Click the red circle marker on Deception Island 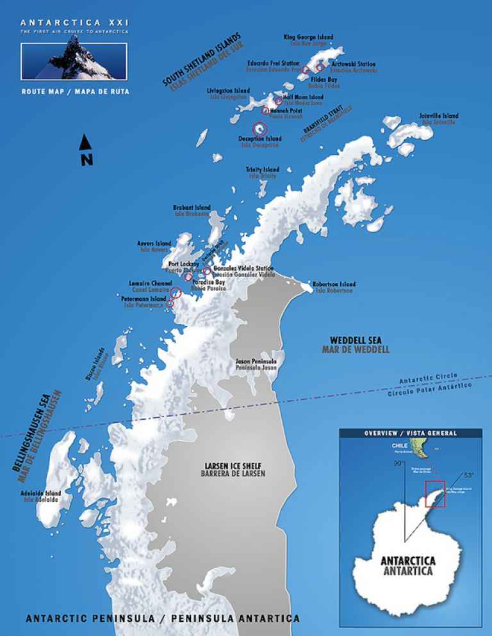coord(259,128)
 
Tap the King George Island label coord(308,40)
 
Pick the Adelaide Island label coord(41,496)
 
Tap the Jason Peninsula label coord(256,365)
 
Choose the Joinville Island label coord(439,118)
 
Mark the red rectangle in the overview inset coord(436,493)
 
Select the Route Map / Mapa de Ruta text coord(75,91)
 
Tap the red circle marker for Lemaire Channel coord(175,292)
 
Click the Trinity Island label coord(262,172)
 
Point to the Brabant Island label coord(192,210)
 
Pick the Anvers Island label coord(154,246)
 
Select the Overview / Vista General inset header coord(411,433)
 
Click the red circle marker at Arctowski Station coord(320,67)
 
